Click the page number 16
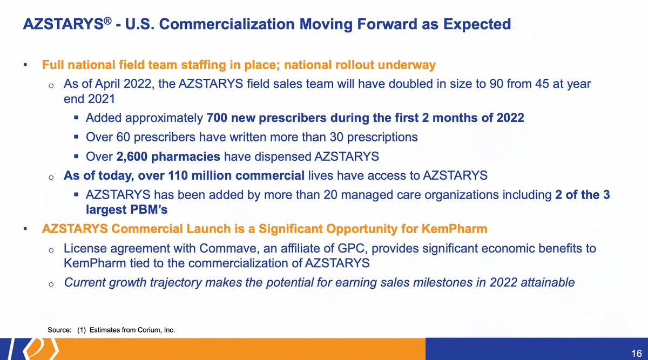(x=637, y=354)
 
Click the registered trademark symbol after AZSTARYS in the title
(x=107, y=21)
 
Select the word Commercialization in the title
(x=227, y=24)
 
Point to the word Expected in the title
(x=477, y=24)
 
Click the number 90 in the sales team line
(x=496, y=84)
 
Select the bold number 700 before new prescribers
(x=217, y=118)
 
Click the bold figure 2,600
(x=132, y=157)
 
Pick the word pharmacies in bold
(x=186, y=157)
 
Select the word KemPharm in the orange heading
(x=454, y=229)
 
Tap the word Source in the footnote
(x=59, y=330)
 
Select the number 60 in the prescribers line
(x=123, y=137)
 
